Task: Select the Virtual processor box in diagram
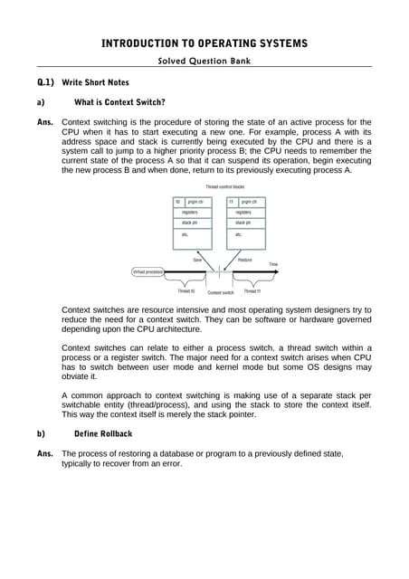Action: tap(148, 271)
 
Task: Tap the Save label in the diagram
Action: tap(197, 260)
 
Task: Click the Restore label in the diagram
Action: tap(245, 260)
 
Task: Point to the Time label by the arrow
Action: tap(273, 264)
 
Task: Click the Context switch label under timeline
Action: tap(222, 292)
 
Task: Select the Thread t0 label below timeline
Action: tap(185, 291)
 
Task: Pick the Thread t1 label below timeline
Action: tap(252, 291)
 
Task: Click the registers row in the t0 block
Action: tap(190, 212)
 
